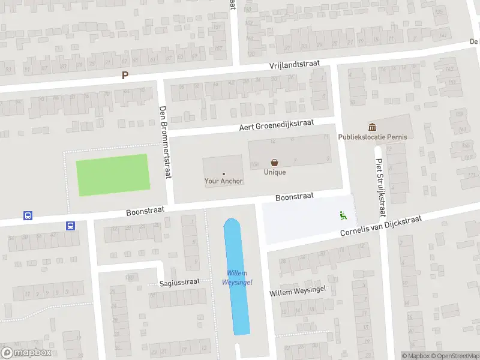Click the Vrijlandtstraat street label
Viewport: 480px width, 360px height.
(x=294, y=64)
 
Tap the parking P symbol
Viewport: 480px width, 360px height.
(x=125, y=76)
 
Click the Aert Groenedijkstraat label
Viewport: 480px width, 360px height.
(x=277, y=125)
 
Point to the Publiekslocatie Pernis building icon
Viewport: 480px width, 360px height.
(x=373, y=127)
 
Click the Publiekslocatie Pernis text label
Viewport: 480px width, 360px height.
(x=373, y=137)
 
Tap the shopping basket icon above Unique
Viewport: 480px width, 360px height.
(x=275, y=162)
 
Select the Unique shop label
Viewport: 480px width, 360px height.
(x=275, y=172)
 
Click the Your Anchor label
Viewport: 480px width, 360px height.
(x=224, y=181)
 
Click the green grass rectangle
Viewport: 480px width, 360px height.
(x=112, y=175)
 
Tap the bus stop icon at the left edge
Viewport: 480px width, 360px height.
(x=27, y=215)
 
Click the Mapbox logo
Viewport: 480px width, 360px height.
(x=26, y=353)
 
